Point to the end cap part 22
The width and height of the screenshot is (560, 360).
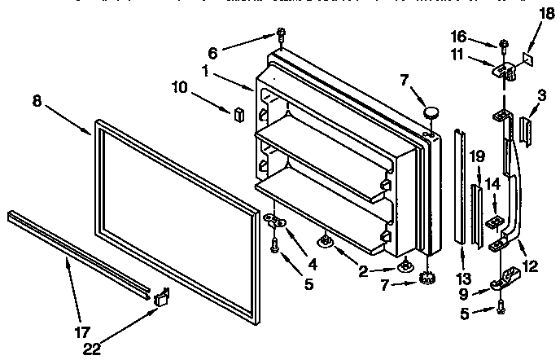point(161,298)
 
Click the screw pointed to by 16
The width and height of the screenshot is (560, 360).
point(505,44)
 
